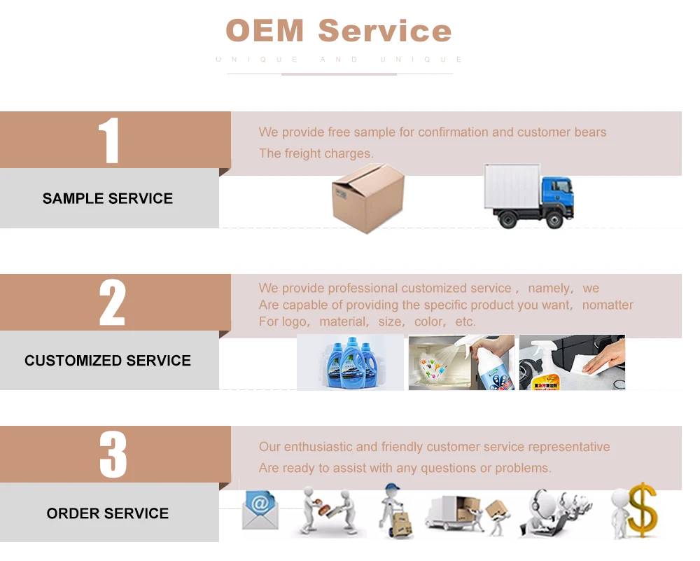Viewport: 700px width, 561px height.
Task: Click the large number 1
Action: [109, 141]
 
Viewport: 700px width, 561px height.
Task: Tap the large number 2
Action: [112, 303]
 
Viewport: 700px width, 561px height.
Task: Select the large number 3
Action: [113, 455]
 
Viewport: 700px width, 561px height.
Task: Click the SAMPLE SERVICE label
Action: [108, 198]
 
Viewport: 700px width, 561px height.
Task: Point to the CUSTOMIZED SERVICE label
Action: [108, 361]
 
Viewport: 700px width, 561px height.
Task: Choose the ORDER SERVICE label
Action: [108, 513]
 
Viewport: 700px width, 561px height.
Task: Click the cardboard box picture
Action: [367, 198]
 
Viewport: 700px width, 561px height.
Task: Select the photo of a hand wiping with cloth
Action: [572, 362]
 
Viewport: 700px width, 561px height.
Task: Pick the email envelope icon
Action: [260, 509]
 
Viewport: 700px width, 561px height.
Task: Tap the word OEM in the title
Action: [265, 31]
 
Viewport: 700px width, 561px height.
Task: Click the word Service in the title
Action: [385, 31]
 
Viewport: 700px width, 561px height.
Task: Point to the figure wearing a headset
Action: [549, 511]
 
